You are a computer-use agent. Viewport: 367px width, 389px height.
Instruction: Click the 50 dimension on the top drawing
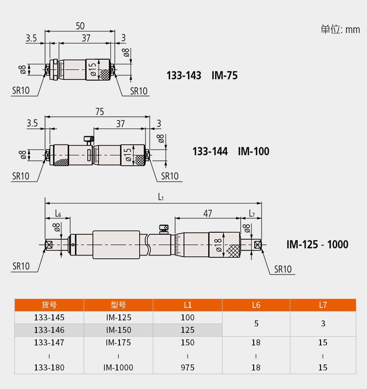[80, 26]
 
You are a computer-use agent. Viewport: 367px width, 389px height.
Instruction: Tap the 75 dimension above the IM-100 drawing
[100, 112]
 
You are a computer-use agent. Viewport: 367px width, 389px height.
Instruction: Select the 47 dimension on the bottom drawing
[208, 213]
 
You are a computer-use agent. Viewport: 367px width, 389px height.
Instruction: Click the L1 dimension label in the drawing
[161, 197]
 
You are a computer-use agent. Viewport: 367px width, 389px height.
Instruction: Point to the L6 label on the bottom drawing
[58, 213]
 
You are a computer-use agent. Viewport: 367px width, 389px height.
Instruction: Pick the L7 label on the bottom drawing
[252, 213]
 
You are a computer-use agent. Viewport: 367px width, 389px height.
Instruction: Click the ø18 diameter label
[218, 245]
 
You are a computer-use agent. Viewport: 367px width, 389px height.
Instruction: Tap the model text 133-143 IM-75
[202, 76]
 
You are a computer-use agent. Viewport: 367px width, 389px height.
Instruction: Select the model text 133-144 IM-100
[231, 151]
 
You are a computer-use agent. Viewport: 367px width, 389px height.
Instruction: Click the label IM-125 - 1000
[317, 245]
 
